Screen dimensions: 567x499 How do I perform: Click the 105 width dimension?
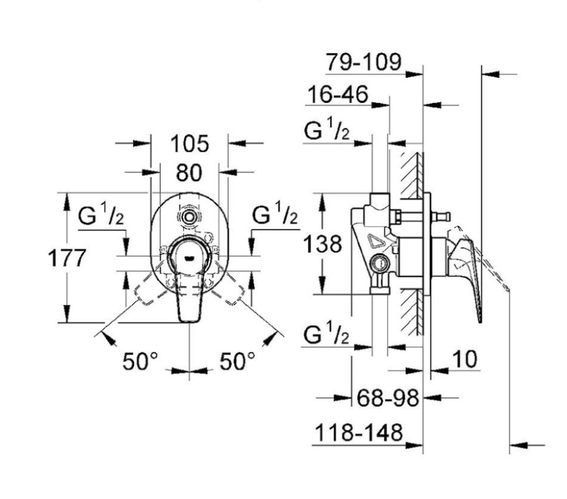tap(189, 143)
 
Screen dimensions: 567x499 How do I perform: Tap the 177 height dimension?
tap(67, 258)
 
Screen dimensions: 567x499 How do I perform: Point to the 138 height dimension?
tap(322, 244)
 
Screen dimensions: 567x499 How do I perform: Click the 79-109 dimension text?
tap(364, 62)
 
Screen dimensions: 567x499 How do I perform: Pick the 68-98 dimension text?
tap(388, 398)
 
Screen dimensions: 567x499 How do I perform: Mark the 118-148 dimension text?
tap(358, 432)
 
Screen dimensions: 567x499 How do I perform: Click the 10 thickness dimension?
tap(465, 359)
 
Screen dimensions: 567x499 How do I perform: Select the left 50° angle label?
tap(140, 361)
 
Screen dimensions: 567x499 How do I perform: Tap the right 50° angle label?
tap(237, 361)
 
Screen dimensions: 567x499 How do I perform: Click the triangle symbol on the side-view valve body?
tap(374, 241)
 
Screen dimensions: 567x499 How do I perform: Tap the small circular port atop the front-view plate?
tap(188, 217)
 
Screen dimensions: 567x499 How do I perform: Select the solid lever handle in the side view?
tap(466, 274)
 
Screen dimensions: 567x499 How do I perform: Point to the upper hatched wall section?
tap(412, 175)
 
